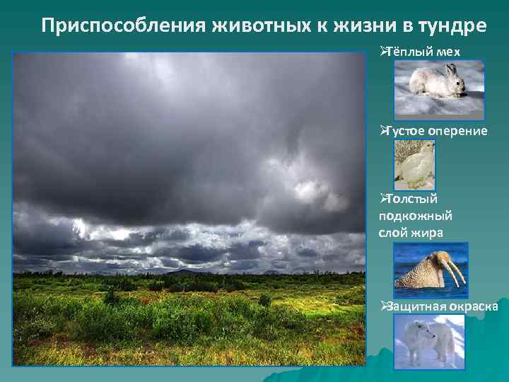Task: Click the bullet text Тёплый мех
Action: coord(423,52)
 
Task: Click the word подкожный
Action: coord(416,216)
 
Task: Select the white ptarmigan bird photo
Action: coord(414,165)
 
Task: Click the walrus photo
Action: coord(431,270)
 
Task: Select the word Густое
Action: coord(400,131)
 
